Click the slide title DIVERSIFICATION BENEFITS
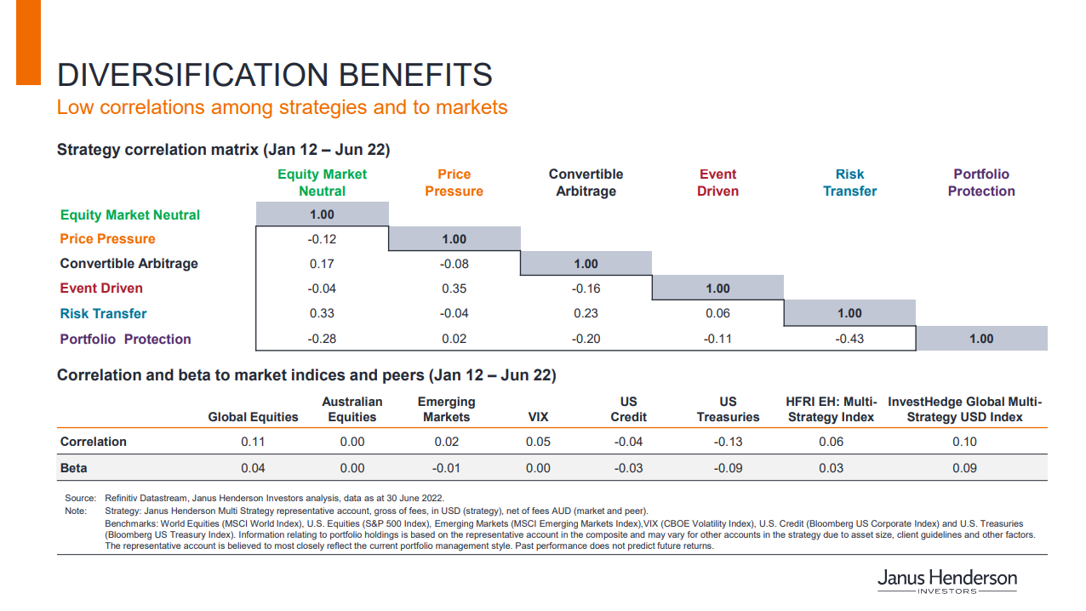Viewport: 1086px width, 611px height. (274, 75)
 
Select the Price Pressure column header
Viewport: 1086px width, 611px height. (454, 183)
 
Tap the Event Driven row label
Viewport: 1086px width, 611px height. (101, 288)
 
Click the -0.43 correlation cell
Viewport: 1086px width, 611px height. (849, 339)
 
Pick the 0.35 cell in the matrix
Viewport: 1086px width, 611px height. (454, 288)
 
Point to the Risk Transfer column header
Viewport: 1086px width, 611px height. (849, 183)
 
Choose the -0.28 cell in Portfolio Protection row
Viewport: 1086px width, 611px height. (322, 339)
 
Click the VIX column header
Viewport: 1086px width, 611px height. (538, 417)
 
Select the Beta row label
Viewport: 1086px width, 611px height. (73, 468)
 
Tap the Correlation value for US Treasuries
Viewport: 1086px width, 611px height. (728, 442)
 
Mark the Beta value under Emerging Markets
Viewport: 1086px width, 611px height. (446, 468)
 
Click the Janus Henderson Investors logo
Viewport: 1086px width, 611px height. (946, 581)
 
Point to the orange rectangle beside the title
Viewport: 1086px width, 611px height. (28, 43)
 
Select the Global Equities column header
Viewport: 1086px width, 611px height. (253, 417)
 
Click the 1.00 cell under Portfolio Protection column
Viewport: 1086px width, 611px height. (981, 339)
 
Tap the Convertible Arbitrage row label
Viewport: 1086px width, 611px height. (129, 264)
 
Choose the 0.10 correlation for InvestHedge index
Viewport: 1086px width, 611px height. (964, 442)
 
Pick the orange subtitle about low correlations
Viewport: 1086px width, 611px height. (282, 107)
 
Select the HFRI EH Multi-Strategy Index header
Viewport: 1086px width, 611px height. (831, 409)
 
